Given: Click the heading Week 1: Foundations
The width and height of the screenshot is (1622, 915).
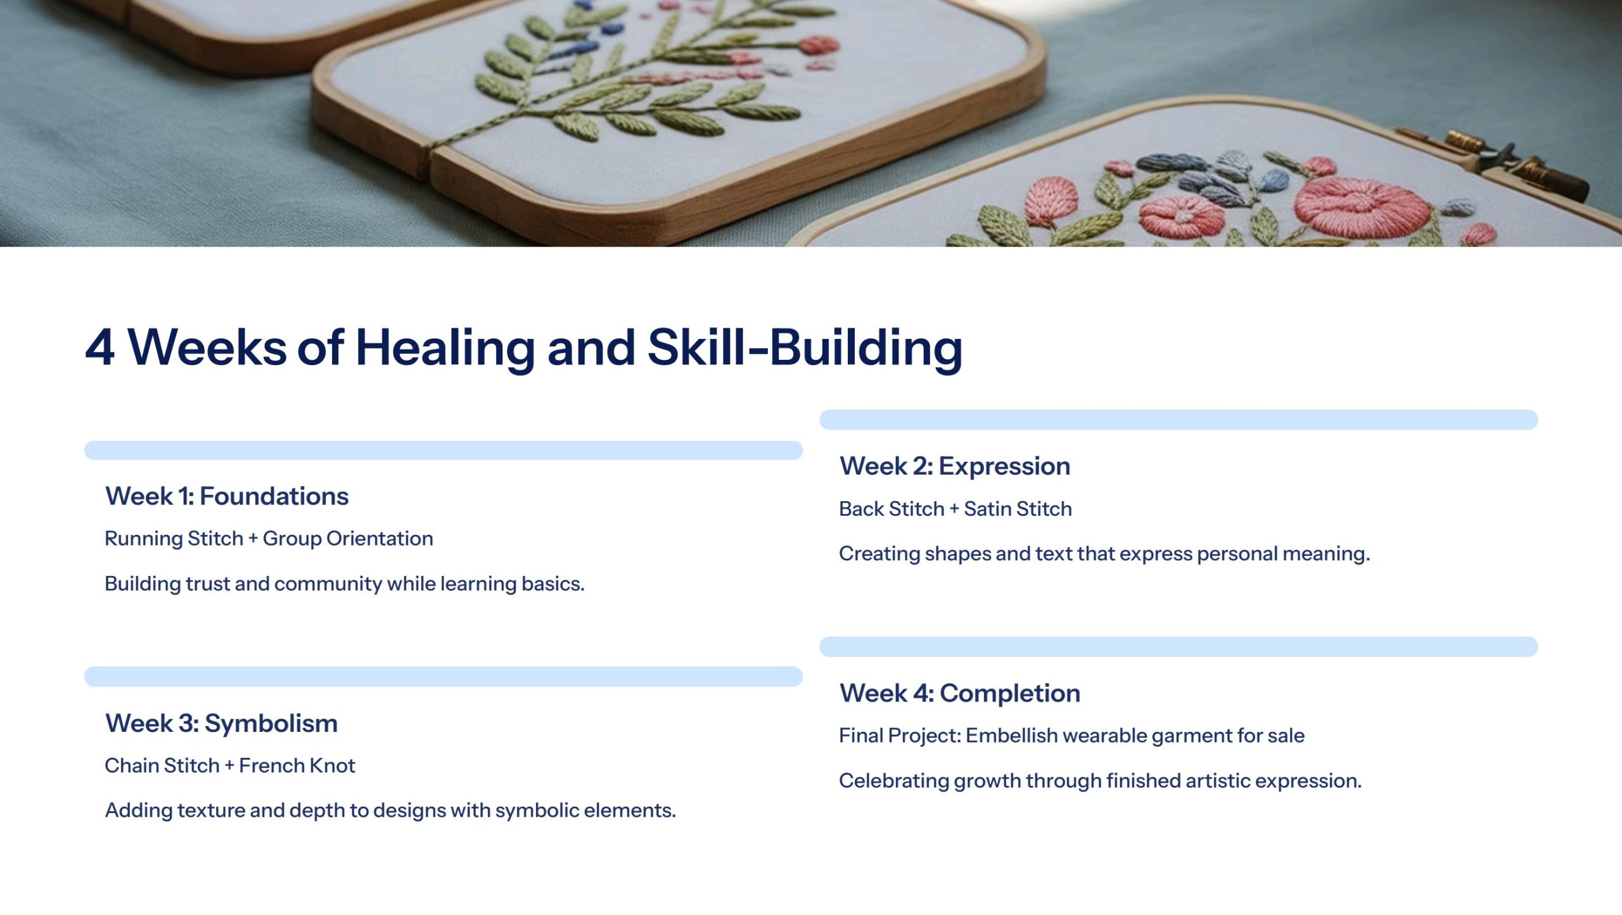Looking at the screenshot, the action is (x=227, y=496).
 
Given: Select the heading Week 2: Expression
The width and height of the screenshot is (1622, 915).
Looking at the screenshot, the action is (x=955, y=466).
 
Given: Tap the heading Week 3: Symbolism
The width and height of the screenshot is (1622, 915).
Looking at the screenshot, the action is (x=221, y=723).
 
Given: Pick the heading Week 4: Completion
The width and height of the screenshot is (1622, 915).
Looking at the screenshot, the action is (x=960, y=693).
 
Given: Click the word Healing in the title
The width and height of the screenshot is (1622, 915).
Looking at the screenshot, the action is (x=445, y=348).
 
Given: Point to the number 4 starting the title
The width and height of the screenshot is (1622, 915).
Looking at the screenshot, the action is (x=100, y=348).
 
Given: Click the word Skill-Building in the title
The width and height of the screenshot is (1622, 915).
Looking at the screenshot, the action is (x=805, y=348).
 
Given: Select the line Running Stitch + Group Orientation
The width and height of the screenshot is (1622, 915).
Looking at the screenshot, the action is (x=269, y=539).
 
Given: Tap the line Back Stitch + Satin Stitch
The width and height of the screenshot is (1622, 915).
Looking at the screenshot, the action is (x=955, y=509).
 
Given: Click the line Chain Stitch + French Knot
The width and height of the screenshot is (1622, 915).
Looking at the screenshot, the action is (x=230, y=765).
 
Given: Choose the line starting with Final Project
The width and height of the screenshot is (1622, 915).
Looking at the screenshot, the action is (x=1071, y=736).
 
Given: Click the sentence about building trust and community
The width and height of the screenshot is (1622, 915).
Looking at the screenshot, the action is (x=345, y=584).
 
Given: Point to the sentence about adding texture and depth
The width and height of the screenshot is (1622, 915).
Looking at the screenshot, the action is (x=390, y=810).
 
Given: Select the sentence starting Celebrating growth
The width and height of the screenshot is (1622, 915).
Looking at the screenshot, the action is (x=1100, y=781).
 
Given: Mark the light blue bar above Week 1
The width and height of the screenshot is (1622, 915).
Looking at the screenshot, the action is (x=444, y=450).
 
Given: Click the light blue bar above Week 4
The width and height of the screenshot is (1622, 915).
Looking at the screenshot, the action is (x=1178, y=646).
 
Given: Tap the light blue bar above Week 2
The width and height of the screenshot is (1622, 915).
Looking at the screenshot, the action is (x=1178, y=419).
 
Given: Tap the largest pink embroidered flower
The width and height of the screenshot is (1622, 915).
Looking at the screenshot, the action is (x=1362, y=206).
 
